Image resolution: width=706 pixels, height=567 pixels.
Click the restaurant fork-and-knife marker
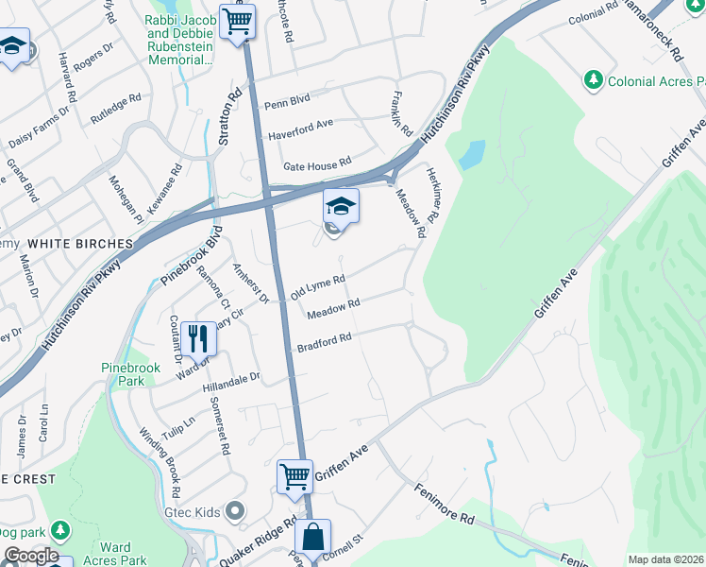(197, 337)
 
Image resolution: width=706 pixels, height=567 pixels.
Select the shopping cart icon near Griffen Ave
(294, 475)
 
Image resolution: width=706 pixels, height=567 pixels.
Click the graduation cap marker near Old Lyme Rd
(341, 205)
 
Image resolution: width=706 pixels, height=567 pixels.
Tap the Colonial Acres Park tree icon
(594, 80)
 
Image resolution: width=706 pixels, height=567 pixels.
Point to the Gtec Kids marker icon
(236, 511)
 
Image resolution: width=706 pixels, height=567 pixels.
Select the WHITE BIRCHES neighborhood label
(73, 243)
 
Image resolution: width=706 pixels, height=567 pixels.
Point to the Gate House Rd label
(310, 162)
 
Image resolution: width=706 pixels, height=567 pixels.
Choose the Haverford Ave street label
(301, 124)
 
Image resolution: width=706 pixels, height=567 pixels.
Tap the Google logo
(31, 556)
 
